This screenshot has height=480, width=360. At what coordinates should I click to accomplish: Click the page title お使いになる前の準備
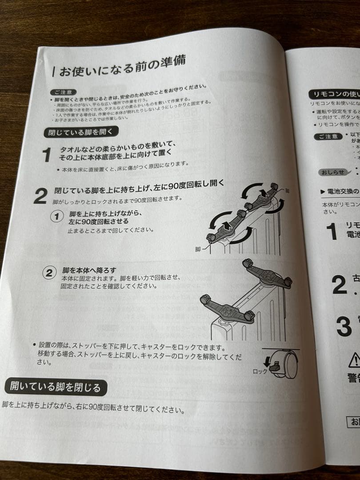pos(123,66)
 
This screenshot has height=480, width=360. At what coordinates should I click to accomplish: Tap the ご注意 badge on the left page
pos(63,92)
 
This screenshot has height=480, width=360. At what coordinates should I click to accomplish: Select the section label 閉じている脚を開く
pos(81,132)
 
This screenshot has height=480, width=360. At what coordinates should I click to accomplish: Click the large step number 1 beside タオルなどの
pos(47,155)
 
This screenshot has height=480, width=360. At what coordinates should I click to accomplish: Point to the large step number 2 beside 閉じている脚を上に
pos(40,196)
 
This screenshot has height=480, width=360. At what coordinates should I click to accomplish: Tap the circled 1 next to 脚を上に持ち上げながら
pos(57,216)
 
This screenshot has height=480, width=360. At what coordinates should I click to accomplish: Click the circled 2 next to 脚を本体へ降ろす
pos(50,272)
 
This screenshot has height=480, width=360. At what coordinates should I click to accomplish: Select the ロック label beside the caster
pos(260,371)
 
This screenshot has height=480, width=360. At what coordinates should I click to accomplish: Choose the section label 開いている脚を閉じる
pos(55,387)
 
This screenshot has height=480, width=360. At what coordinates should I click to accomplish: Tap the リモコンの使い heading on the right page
pos(333,94)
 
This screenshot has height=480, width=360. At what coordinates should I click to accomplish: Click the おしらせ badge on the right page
pos(331,172)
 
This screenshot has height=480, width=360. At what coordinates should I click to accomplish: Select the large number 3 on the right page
pos(344,327)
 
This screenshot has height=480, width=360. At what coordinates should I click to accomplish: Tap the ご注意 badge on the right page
pos(328,136)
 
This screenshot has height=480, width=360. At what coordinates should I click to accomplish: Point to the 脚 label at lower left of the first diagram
pos(198,249)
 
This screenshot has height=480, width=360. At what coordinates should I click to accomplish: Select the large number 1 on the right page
pos(332,232)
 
